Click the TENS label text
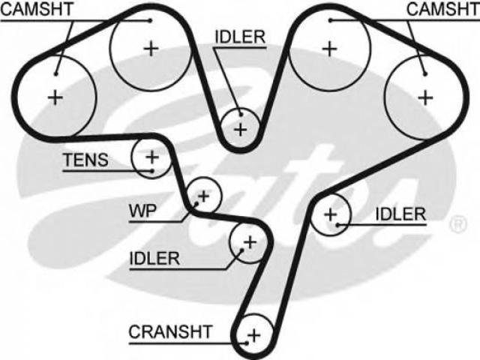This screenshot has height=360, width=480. (85, 160)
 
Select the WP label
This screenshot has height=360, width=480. (142, 211)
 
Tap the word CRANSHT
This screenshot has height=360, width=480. (170, 331)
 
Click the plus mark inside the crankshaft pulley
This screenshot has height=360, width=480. (254, 335)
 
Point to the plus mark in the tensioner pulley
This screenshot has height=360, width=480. (152, 157)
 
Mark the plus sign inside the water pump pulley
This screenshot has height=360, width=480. (203, 196)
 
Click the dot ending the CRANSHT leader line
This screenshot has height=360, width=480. (247, 343)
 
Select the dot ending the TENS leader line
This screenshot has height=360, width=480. (151, 171)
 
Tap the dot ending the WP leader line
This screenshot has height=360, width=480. (196, 203)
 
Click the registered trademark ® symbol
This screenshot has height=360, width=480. (458, 224)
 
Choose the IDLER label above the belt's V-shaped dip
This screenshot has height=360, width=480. (240, 37)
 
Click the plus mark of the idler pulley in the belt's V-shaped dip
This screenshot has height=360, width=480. (241, 130)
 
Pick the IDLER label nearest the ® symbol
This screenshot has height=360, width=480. (400, 214)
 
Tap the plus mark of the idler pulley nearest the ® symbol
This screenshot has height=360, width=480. (331, 214)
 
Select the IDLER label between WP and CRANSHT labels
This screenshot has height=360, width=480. (154, 259)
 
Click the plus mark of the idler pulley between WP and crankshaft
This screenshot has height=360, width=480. (250, 242)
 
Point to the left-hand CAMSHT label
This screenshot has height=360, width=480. (37, 9)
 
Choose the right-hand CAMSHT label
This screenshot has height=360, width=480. (443, 9)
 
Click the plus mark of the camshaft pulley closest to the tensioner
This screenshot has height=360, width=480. (55, 98)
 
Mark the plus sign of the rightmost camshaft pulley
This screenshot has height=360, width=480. (425, 98)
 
